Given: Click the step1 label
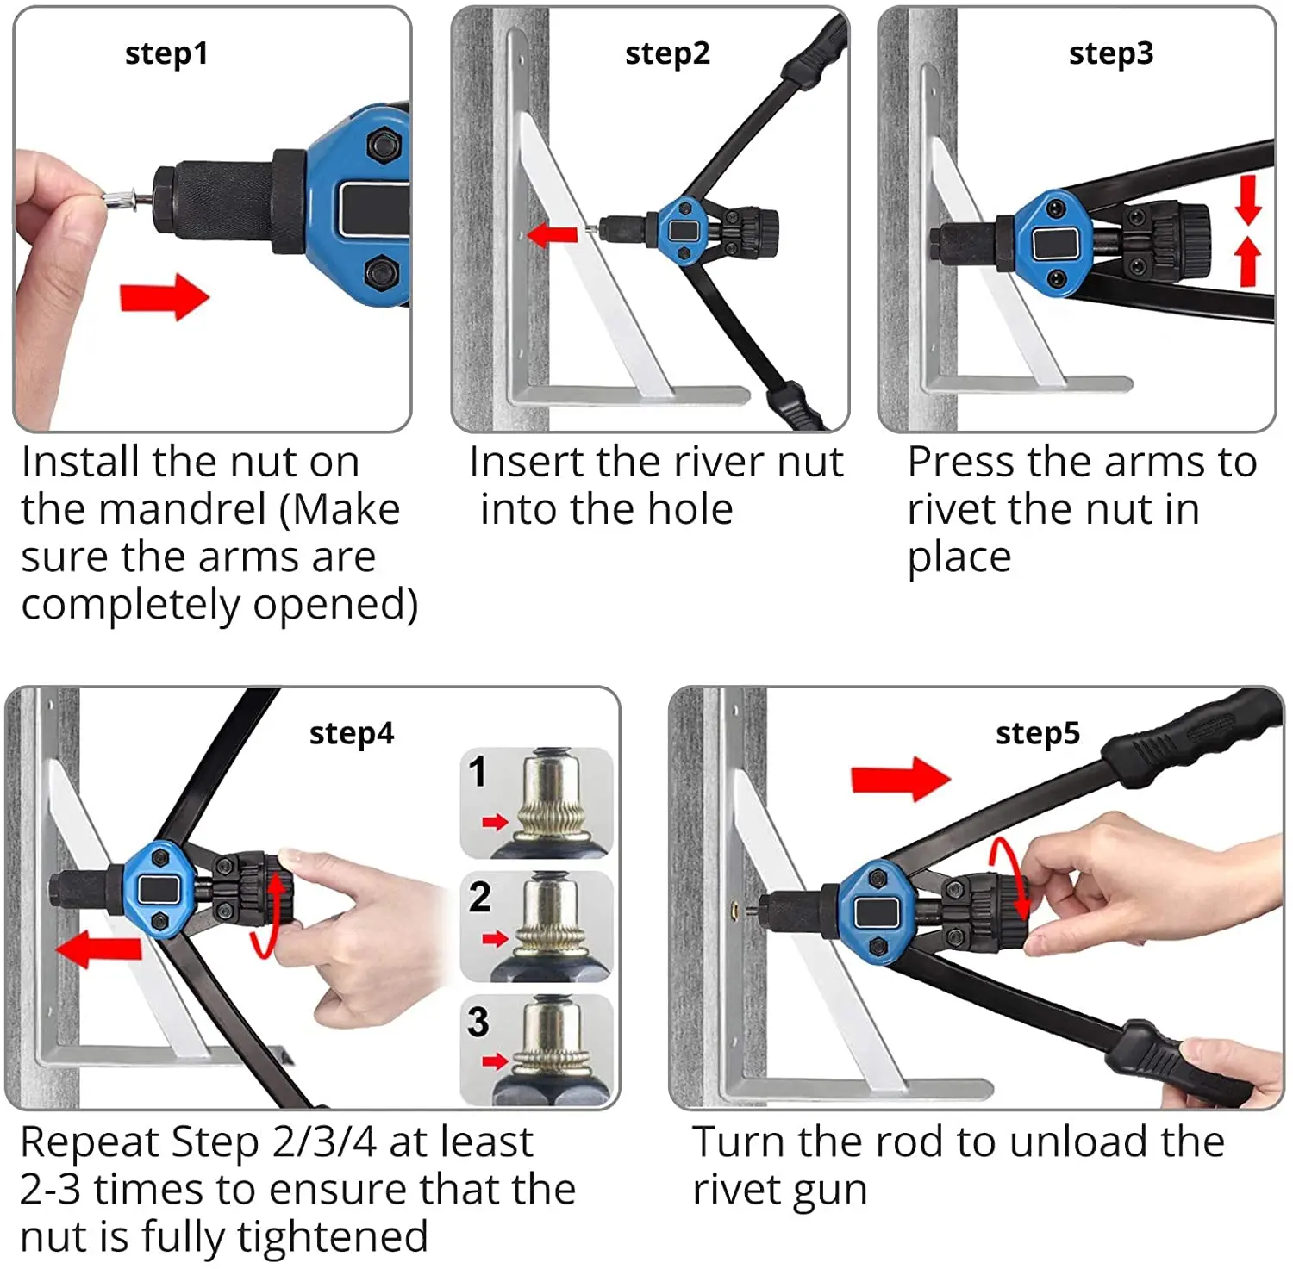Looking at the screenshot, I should [166, 53].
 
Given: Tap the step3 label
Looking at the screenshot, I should [1110, 53].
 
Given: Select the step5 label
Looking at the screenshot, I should [1037, 733].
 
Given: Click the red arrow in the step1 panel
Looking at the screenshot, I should [164, 297].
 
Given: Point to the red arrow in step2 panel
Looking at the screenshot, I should [552, 233].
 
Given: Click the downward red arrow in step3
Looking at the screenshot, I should [1247, 200].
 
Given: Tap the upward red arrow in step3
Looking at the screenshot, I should [1247, 261].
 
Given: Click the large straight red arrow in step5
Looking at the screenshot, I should [899, 779].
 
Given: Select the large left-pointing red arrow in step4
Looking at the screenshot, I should [98, 949].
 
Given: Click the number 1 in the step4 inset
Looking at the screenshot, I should [478, 771].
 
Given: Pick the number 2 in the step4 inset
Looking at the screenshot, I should [479, 897].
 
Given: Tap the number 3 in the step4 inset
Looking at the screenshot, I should [478, 1022].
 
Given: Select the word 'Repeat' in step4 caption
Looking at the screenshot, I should [91, 1143].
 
